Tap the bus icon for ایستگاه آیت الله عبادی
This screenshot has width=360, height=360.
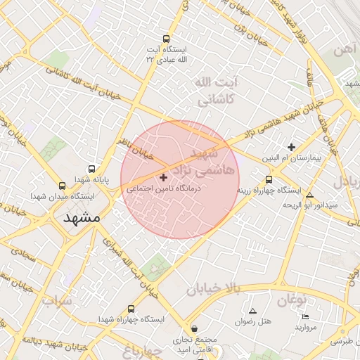[x=166, y=39]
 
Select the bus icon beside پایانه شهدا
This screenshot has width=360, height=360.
[x=92, y=169]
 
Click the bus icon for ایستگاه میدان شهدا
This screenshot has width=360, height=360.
[x=63, y=186]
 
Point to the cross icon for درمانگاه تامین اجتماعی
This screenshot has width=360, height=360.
[x=165, y=178]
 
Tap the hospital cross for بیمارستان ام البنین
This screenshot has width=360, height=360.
[x=292, y=147]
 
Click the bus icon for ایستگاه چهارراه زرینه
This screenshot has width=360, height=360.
[x=269, y=179]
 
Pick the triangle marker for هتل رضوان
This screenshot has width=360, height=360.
[x=253, y=310]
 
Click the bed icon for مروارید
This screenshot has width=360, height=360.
[x=304, y=316]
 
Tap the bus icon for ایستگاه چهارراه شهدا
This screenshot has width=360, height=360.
[x=131, y=309]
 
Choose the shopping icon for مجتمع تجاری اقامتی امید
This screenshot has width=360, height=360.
[x=195, y=328]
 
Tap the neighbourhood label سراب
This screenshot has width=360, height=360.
[x=57, y=302]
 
